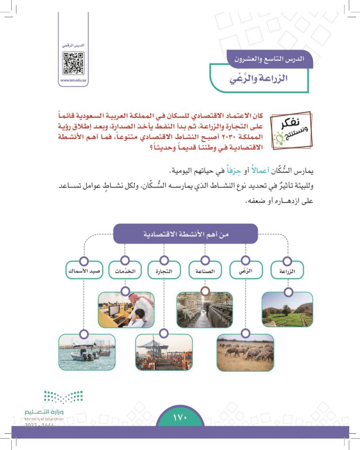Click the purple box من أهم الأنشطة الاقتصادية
(185, 234)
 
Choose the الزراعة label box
(287, 271)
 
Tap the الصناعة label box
(205, 271)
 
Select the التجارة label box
(164, 271)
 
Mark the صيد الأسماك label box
(83, 271)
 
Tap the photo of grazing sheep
(245, 353)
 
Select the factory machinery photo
(205, 309)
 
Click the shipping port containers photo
(164, 353)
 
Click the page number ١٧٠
(180, 417)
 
